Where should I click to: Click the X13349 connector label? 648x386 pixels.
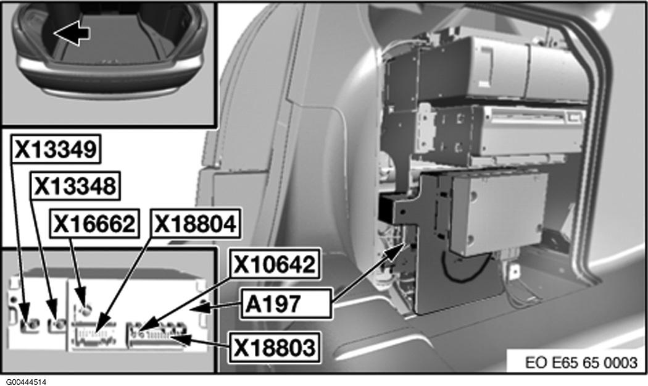56,149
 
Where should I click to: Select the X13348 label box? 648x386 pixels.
76,186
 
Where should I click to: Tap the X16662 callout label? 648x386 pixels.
94,224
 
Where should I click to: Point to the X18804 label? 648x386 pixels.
196,224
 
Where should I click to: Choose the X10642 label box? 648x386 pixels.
275,264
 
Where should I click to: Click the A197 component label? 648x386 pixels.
286,304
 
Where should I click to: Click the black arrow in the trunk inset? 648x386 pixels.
72,33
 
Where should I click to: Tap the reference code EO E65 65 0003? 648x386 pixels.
581,363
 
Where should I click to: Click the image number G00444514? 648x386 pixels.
26,382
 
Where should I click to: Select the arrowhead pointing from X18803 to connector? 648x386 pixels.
182,340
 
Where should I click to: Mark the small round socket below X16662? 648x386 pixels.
86,311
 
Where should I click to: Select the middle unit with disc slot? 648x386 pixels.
496,132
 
